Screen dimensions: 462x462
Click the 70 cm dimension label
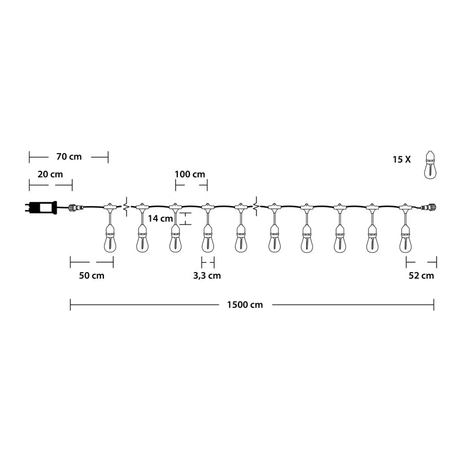pos(69,157)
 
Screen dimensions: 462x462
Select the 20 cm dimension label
pos(50,174)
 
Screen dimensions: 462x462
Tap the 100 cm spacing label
pos(190,174)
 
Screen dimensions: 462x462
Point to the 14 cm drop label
pos(161,219)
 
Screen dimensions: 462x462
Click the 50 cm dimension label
pos(92,276)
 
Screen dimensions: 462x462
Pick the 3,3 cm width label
pos(207,276)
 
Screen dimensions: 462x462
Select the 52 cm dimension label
pos(422,276)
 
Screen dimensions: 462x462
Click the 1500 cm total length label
pos(245,305)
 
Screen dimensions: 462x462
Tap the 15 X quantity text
pos(401,160)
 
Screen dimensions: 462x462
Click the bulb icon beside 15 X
pos(430,165)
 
